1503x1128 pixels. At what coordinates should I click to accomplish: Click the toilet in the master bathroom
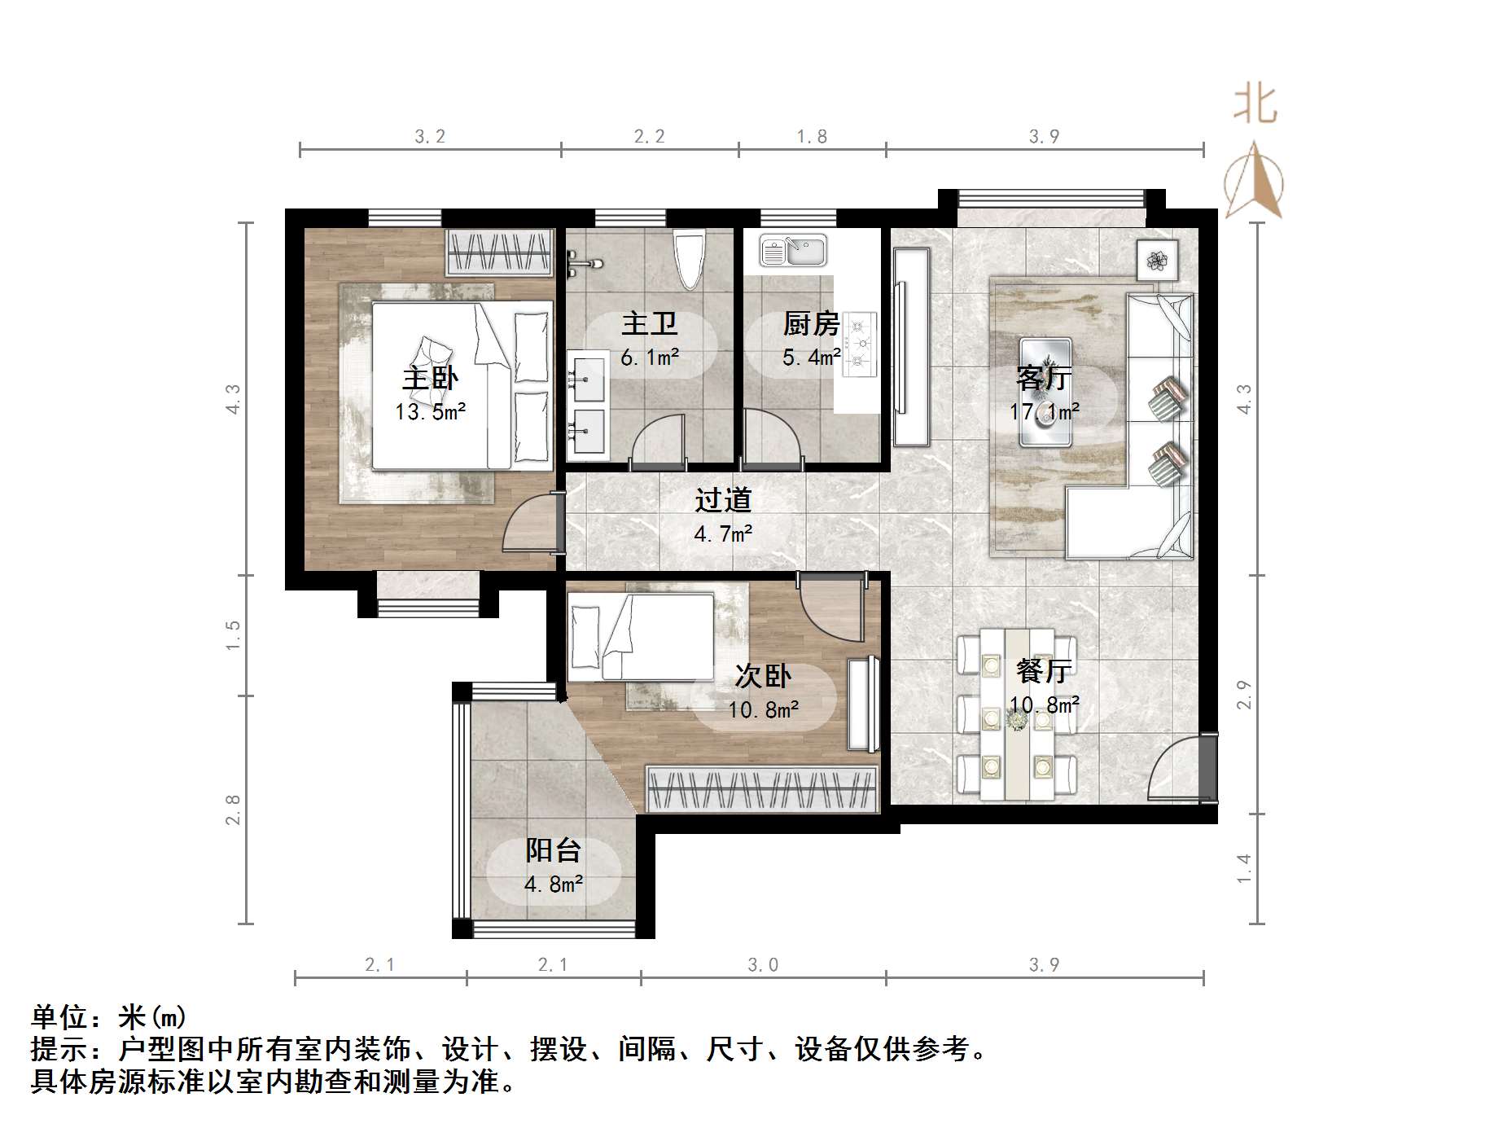690,259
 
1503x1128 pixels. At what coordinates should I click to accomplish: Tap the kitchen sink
792,251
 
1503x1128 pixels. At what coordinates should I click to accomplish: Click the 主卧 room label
430,379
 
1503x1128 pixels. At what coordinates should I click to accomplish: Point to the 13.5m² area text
430,412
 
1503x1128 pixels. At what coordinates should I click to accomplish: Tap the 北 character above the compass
1255,106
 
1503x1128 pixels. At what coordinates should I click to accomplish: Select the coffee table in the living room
1045,392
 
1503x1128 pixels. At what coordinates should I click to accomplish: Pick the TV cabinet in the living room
911,347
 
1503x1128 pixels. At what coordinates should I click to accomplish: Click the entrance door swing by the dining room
1177,770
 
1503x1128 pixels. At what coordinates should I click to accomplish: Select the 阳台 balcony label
553,850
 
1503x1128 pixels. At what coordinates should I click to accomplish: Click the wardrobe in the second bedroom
762,788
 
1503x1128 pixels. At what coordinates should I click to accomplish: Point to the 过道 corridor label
723,500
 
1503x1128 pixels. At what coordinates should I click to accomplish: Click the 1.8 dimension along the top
812,137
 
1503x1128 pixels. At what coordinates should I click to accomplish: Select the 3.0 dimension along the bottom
763,965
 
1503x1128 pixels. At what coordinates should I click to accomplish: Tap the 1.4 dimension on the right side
1243,868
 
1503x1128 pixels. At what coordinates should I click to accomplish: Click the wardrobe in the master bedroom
500,252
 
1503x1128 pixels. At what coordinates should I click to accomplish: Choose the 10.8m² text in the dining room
1045,704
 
